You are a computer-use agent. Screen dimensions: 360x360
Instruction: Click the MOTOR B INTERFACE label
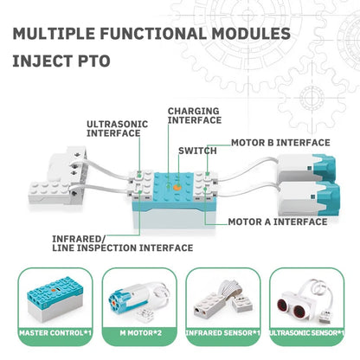pyautogui.click(x=280, y=142)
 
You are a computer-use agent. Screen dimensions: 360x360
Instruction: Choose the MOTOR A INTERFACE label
pyautogui.click(x=278, y=222)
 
